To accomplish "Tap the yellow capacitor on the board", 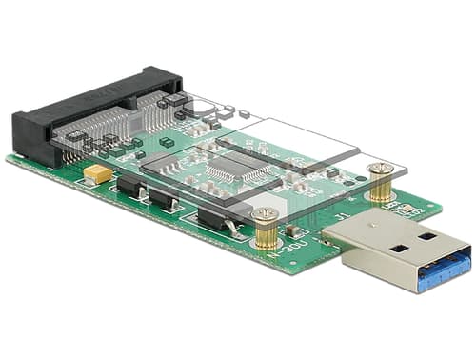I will (x=96, y=173).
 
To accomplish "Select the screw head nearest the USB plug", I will (x=380, y=170).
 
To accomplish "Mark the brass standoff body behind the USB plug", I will (x=381, y=188).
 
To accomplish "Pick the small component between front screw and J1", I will (x=293, y=229).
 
